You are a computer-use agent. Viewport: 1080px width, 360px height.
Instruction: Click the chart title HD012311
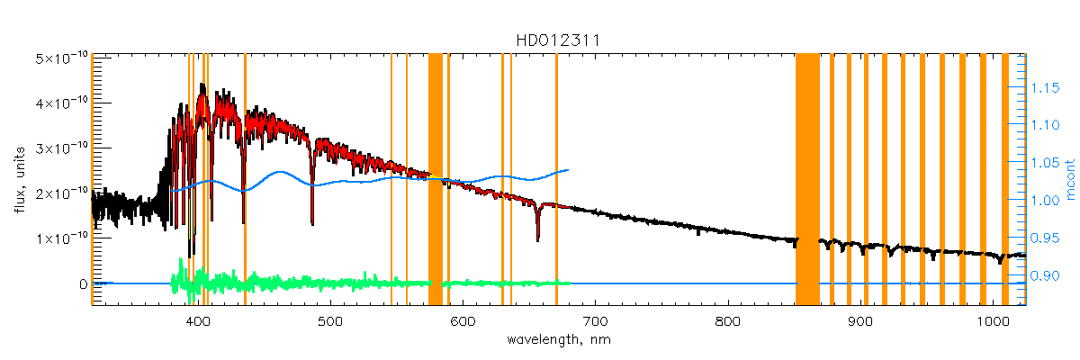tap(558, 41)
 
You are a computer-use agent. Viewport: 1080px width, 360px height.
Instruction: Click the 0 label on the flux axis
tap(82, 284)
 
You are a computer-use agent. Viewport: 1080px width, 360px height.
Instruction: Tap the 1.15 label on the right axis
tap(1046, 87)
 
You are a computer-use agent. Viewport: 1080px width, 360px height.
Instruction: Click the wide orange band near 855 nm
tap(807, 180)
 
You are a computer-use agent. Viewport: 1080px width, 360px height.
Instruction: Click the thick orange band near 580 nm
tap(435, 180)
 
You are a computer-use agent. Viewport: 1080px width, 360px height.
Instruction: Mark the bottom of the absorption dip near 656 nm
tap(537, 239)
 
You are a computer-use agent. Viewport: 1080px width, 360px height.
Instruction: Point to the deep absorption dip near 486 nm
tap(312, 222)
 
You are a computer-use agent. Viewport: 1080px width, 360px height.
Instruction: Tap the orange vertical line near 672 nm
tap(557, 180)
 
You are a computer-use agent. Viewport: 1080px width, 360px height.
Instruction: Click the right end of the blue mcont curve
tap(568, 169)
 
